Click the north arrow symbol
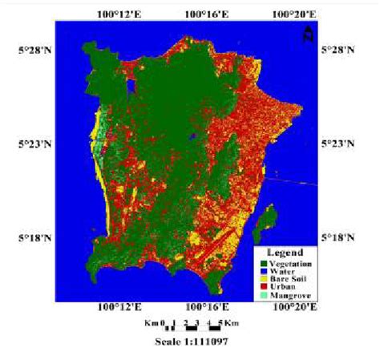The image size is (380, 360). (307, 34)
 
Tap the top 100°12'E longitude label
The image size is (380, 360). (118, 13)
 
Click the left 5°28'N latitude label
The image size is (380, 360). (33, 50)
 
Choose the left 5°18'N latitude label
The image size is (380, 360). (33, 238)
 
